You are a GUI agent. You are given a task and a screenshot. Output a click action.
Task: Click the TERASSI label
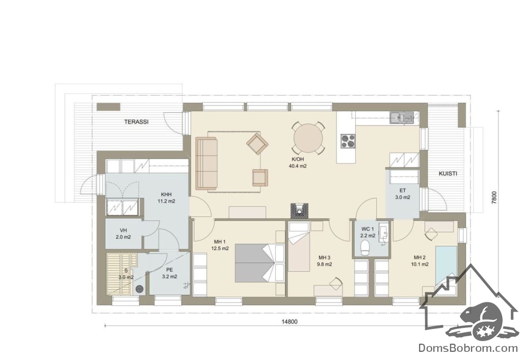click(x=136, y=122)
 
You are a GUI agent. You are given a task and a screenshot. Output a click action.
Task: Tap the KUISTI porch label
click(x=448, y=173)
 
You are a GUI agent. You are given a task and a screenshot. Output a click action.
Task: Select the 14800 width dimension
click(x=290, y=322)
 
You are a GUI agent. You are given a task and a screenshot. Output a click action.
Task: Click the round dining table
click(x=308, y=139)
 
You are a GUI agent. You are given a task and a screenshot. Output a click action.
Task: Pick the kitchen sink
click(x=402, y=118)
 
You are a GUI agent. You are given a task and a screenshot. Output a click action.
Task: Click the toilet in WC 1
click(x=366, y=248)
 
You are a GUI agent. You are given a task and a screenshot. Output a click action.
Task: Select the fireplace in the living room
click(x=300, y=210)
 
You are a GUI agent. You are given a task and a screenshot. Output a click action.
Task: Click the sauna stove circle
click(x=140, y=290)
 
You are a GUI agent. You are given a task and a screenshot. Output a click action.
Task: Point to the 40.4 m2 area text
click(x=297, y=166)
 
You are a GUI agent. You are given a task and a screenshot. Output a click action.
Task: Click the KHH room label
click(x=166, y=194)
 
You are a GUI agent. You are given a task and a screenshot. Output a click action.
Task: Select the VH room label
click(x=123, y=230)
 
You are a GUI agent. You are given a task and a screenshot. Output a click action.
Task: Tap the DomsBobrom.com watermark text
click(x=468, y=348)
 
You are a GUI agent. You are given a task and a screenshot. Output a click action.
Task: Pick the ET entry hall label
click(x=403, y=191)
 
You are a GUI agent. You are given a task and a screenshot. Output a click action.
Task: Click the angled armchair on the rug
click(x=257, y=143)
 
